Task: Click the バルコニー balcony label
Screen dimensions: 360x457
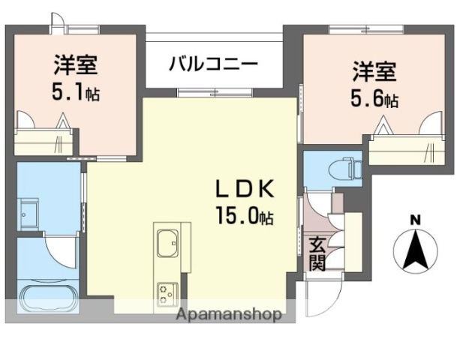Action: pyautogui.click(x=213, y=62)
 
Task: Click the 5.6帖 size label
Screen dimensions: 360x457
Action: pyautogui.click(x=375, y=99)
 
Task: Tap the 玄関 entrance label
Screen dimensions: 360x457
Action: pyautogui.click(x=317, y=252)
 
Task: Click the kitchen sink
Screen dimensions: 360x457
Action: pyautogui.click(x=168, y=244)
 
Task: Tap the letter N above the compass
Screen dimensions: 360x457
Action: pyautogui.click(x=414, y=219)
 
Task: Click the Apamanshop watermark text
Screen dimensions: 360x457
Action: pyautogui.click(x=230, y=314)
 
